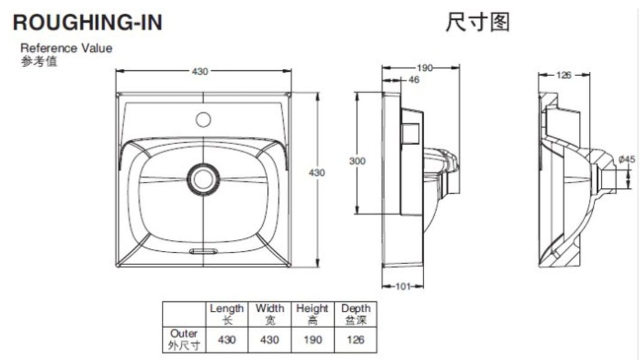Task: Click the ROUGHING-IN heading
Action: coord(88,22)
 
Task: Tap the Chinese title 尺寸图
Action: coord(477,22)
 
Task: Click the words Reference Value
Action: coord(66,48)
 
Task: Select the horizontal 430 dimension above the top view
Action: coord(200,71)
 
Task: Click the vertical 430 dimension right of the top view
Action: coord(317,172)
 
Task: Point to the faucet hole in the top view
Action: coord(203,119)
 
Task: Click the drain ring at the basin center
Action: coord(203,178)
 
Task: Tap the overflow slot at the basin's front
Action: coord(203,251)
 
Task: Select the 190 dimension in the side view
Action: coord(425,68)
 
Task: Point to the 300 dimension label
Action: coord(357,161)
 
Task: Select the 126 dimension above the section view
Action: coord(564,75)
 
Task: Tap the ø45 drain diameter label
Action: coord(627,159)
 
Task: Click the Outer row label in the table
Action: coord(184,339)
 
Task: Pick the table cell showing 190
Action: coord(313,340)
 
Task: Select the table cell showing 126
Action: coord(356,340)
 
